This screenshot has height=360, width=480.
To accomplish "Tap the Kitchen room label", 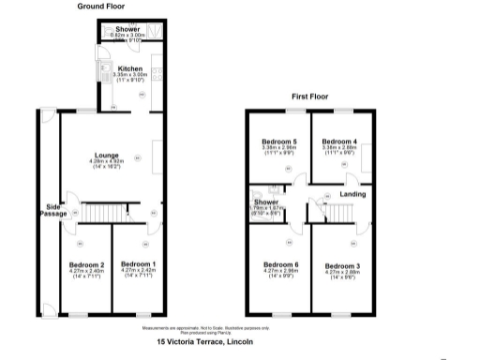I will pyautogui.click(x=129, y=68).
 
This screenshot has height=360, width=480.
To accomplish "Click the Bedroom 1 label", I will pyautogui.click(x=137, y=264).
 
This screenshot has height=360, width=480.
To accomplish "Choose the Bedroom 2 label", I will pyautogui.click(x=87, y=264).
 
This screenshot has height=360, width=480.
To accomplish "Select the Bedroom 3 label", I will pyautogui.click(x=341, y=266).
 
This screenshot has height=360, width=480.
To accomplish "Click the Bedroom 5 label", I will pyautogui.click(x=278, y=141).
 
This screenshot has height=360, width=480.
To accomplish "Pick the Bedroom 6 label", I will pyautogui.click(x=280, y=264).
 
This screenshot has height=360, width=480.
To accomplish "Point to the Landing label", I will pyautogui.click(x=352, y=194).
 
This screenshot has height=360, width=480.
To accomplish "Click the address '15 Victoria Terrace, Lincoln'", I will pyautogui.click(x=204, y=342).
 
